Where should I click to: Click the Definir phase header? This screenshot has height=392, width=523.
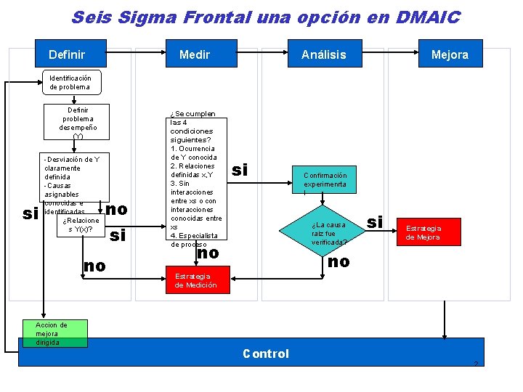coord(67,54)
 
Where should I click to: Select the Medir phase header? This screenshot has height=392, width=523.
coord(195,54)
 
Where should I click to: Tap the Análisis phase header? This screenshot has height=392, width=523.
coord(324,54)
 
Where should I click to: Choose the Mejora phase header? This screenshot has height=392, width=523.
coord(450,54)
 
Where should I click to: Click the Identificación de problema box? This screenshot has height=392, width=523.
coord(70,82)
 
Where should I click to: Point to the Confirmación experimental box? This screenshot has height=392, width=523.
coord(325,180)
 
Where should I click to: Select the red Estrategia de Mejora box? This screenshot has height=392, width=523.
coord(423,232)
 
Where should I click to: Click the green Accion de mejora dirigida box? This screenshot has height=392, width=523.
coord(54,333)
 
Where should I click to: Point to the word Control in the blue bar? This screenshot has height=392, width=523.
coord(266,354)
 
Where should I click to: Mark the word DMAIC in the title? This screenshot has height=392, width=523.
coord(428,17)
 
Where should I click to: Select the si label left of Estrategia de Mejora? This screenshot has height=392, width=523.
coord(375,222)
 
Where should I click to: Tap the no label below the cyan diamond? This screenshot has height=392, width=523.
coord(338,261)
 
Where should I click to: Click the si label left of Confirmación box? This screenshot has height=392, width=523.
coord(240,170)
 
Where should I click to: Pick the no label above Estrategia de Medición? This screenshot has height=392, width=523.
coord(208,253)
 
